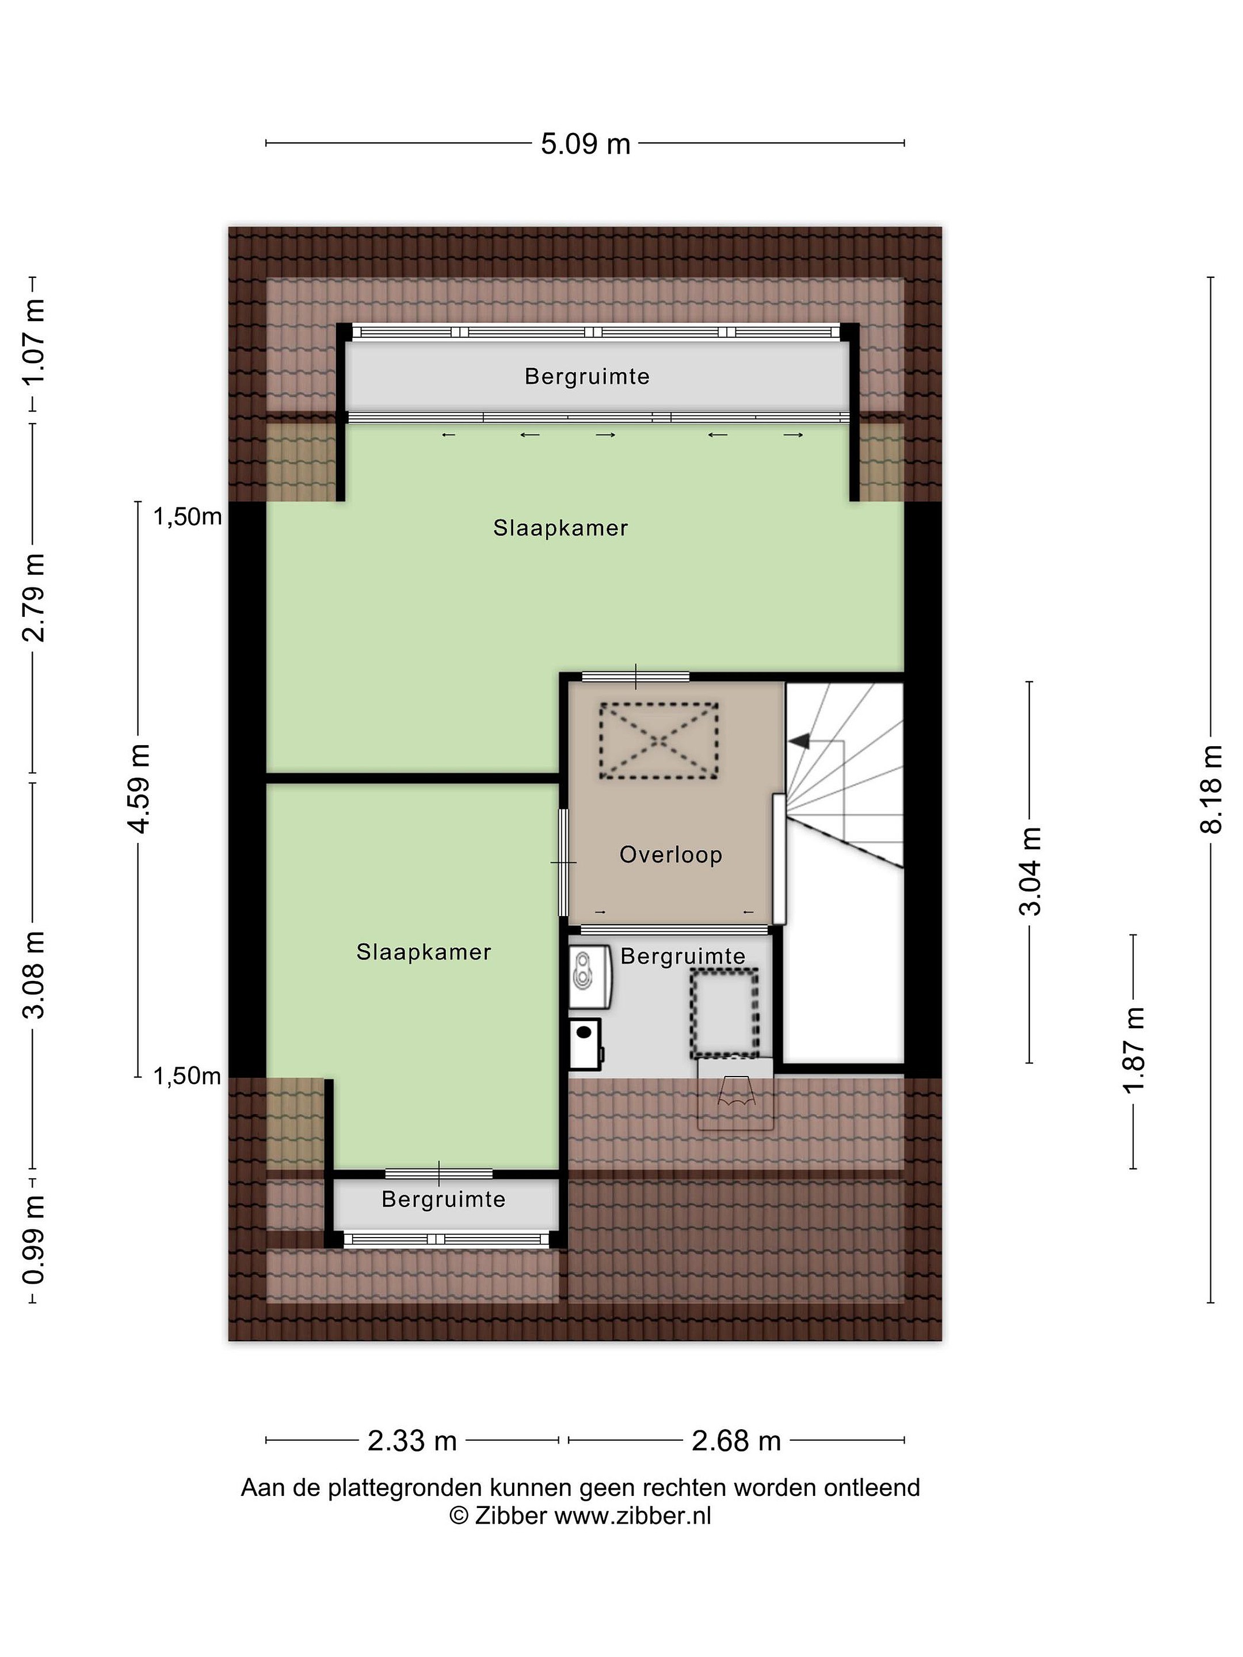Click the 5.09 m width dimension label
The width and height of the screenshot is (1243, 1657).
tap(585, 143)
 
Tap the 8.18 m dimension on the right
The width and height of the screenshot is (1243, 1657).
tap(1211, 789)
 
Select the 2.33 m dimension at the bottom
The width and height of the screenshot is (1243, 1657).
tap(412, 1441)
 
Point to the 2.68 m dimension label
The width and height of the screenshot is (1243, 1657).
tap(736, 1441)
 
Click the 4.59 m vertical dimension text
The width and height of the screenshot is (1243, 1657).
tap(139, 789)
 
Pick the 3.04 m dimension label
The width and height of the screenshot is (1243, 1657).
tap(1030, 871)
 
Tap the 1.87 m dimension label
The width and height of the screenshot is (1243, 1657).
tap(1134, 1050)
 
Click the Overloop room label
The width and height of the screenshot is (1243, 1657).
tap(670, 855)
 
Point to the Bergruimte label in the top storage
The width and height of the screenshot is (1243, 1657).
tap(586, 376)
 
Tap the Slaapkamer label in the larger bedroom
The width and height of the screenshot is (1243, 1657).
tap(561, 528)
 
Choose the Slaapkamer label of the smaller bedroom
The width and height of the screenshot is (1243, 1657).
tap(424, 952)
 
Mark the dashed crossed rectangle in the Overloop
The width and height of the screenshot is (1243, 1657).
tap(658, 741)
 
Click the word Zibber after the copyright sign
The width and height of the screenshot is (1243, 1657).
tap(509, 1515)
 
